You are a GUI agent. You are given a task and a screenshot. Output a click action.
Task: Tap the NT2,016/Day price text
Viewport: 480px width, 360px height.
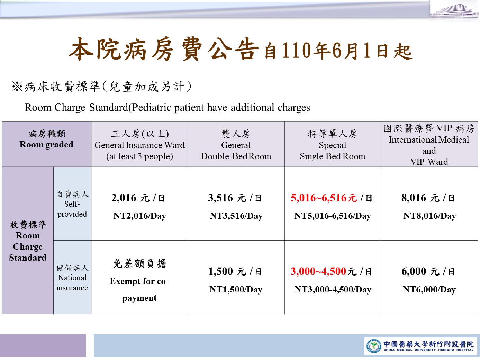pos(139,216)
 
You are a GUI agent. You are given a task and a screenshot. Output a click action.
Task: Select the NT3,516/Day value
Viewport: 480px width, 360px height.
pos(236,216)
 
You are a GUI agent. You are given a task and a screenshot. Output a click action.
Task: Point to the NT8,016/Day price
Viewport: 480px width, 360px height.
pos(429,216)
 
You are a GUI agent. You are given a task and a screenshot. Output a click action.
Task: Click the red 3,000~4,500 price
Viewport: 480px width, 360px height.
pos(318,271)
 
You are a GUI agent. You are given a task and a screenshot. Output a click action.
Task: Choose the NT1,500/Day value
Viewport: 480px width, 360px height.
pos(236,290)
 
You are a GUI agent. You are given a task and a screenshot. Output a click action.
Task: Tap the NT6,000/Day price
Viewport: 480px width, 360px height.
pos(429,290)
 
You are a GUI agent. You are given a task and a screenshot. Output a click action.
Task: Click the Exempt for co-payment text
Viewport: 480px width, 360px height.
pos(139,290)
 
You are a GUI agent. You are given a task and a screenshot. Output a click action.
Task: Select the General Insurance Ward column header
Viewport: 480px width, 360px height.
pos(139,145)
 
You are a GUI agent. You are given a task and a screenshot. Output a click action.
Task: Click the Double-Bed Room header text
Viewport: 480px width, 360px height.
pos(236,156)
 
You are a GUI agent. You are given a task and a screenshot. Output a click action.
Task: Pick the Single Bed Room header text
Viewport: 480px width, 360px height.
pos(332,156)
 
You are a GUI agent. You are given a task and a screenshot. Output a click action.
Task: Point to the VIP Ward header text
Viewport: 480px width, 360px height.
pos(429,162)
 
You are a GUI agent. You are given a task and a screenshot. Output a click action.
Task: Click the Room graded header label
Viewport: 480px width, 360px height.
pos(46,145)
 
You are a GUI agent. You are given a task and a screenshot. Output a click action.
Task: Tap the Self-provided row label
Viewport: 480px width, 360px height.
pos(72,209)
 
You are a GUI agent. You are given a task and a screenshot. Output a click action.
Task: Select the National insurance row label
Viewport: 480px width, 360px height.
pos(72,283)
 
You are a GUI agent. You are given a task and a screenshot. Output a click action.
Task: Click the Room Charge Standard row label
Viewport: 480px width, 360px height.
pos(28,246)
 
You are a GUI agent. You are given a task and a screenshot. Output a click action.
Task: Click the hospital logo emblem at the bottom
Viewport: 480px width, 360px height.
pos(374,346)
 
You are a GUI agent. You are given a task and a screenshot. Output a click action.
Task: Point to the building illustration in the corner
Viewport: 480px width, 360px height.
pos(454,11)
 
